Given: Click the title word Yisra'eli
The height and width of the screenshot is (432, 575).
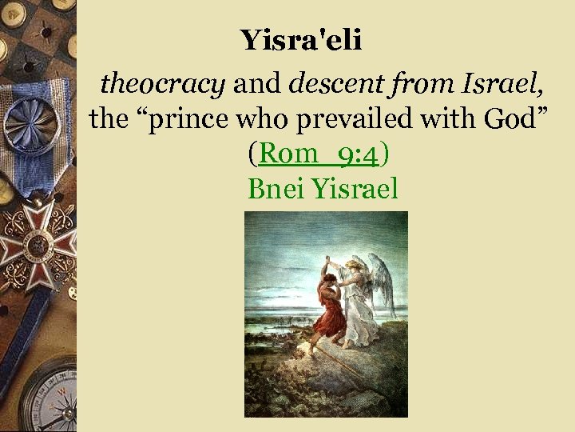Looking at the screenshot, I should pyautogui.click(x=301, y=40).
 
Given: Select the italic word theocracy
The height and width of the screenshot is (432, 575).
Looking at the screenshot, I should pyautogui.click(x=162, y=82).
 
